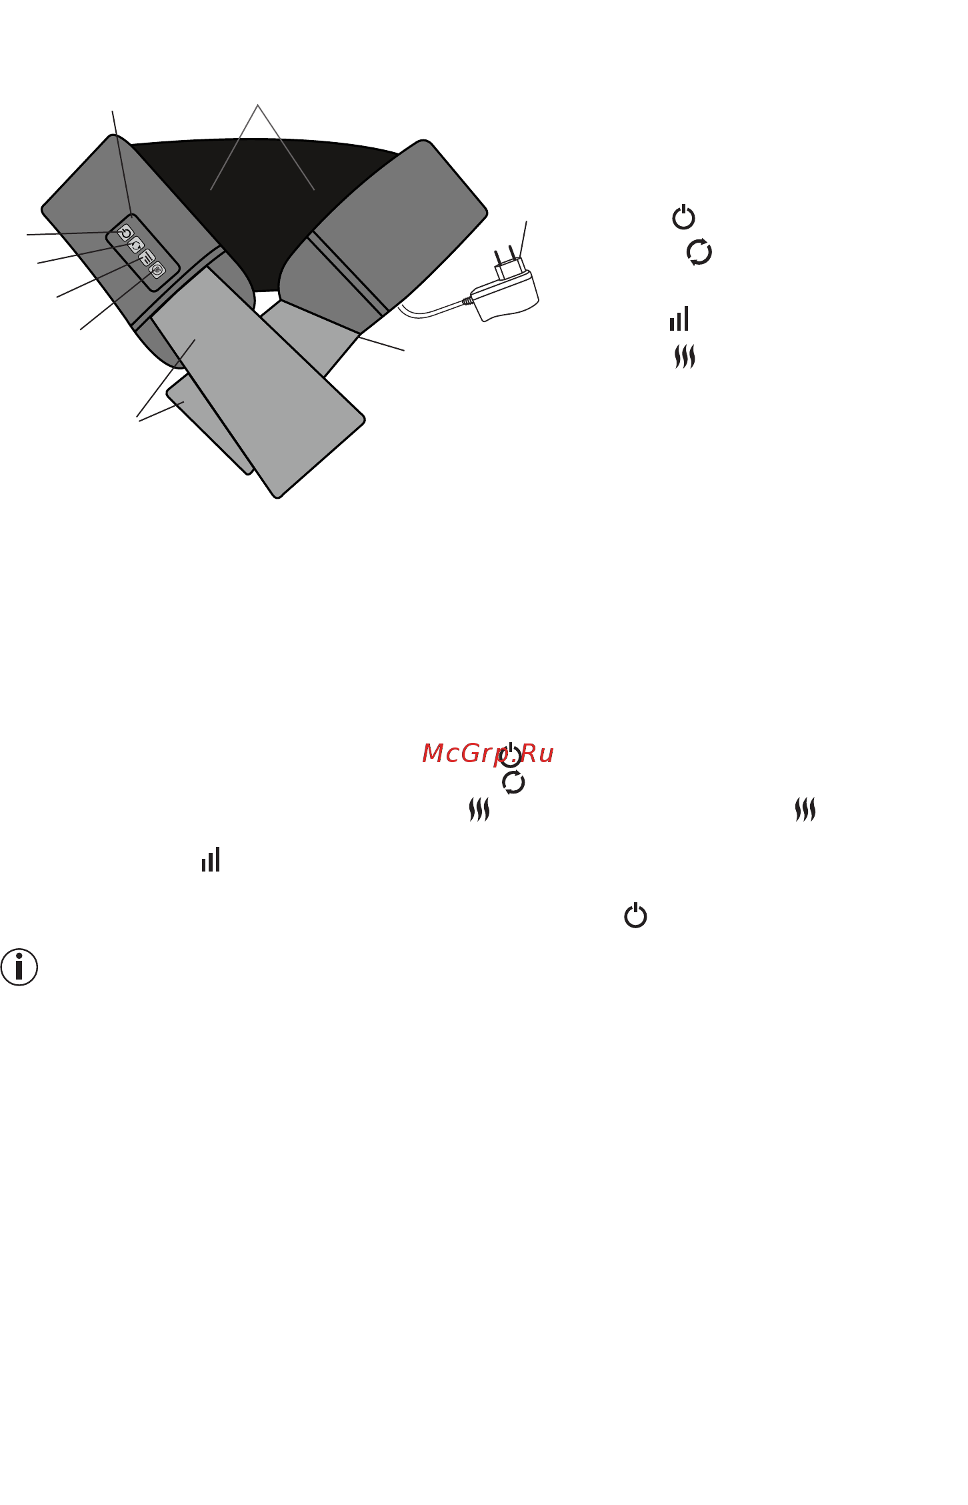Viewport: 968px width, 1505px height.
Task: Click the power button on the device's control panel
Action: click(125, 233)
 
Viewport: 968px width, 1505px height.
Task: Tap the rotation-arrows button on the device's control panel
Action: click(136, 245)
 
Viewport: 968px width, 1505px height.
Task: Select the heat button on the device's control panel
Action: click(157, 270)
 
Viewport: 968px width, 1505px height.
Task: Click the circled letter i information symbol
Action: click(19, 967)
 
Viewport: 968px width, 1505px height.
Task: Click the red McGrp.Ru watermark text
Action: click(488, 754)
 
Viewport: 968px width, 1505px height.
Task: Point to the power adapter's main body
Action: click(505, 295)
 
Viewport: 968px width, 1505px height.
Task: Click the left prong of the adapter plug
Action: click(498, 258)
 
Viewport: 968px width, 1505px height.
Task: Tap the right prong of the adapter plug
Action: click(513, 253)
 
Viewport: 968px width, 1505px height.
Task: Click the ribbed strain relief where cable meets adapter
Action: click(468, 301)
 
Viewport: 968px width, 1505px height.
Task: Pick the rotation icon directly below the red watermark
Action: click(513, 782)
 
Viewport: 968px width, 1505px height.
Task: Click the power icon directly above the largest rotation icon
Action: click(683, 217)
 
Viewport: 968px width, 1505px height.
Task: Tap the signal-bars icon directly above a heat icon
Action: click(679, 319)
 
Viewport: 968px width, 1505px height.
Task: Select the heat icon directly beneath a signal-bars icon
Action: click(685, 357)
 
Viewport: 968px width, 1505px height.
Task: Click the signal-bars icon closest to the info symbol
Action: click(211, 860)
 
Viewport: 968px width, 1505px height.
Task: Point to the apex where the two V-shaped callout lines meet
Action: click(257, 105)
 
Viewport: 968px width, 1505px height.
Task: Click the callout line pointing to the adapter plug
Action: click(523, 239)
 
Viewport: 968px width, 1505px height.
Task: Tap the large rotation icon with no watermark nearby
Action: click(699, 252)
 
